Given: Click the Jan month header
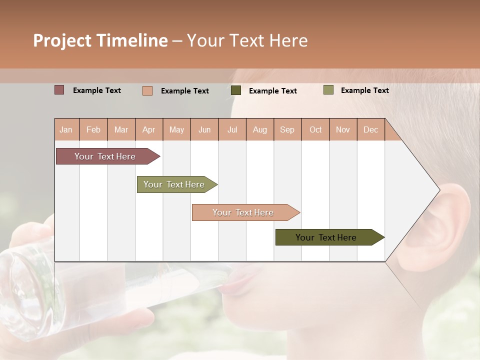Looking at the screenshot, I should (66, 130).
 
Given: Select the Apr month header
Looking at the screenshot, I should (148, 130).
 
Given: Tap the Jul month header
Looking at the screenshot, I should (232, 130).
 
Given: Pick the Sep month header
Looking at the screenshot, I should (287, 130).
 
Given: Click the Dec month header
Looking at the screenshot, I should (370, 130).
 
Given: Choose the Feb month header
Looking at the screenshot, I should (93, 130).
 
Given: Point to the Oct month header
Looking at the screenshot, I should (315, 130).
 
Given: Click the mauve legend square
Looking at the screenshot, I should (59, 90).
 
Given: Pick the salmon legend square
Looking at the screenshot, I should (147, 90).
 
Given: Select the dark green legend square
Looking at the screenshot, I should (236, 90).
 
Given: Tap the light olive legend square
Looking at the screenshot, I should (328, 90).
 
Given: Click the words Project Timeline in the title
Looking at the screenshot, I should (100, 40).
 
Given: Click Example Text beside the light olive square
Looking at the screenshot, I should (364, 90).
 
